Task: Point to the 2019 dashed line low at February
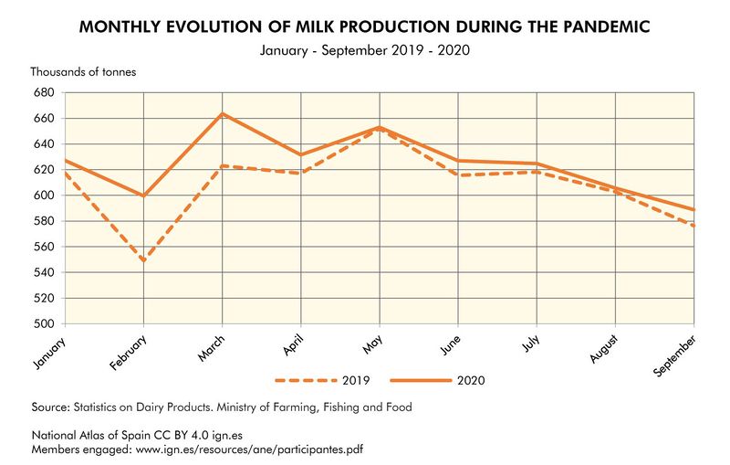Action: pyautogui.click(x=144, y=260)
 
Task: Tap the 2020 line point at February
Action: pyautogui.click(x=144, y=196)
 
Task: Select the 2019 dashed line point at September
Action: pyautogui.click(x=693, y=226)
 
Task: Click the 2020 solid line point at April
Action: pyautogui.click(x=301, y=154)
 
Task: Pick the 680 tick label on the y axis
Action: pyautogui.click(x=43, y=93)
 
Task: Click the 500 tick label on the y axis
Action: pyautogui.click(x=43, y=324)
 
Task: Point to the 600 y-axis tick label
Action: pyautogui.click(x=43, y=196)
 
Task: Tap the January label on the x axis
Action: pyautogui.click(x=49, y=352)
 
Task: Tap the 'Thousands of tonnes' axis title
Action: pyautogui.click(x=83, y=71)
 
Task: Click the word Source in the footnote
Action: pyautogui.click(x=50, y=407)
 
